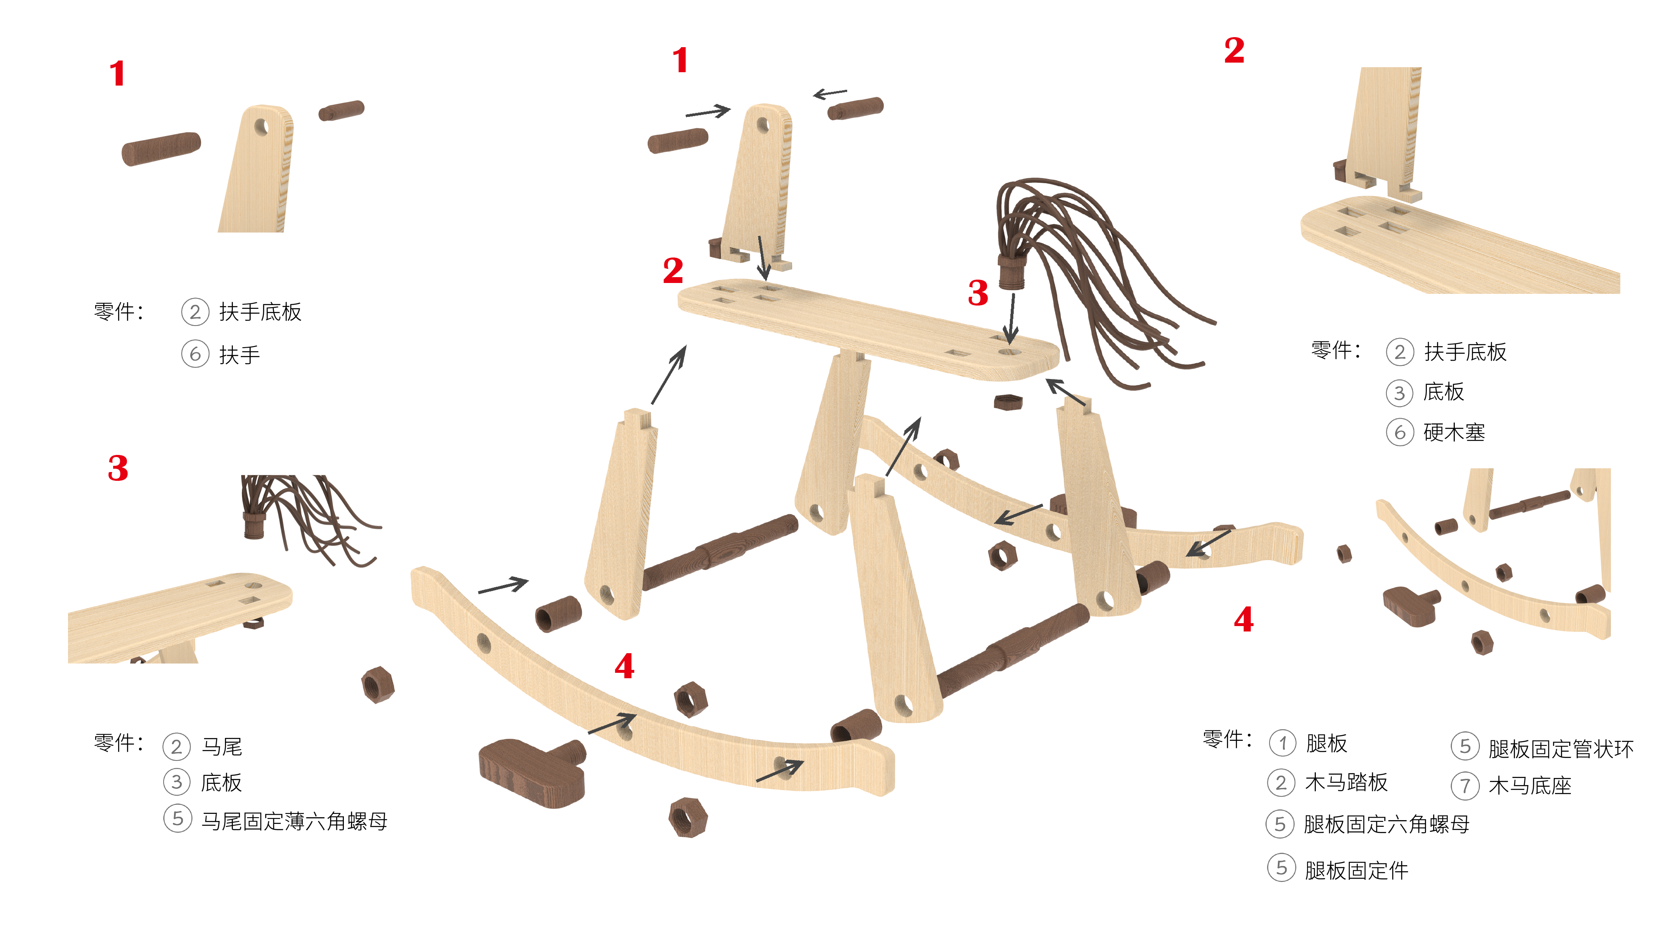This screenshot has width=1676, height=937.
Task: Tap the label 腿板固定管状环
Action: tap(1561, 749)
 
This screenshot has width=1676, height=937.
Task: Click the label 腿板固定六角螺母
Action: tap(1386, 824)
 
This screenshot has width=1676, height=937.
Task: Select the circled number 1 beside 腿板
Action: tap(1282, 743)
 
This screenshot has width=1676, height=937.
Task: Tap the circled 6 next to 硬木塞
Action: tap(1399, 433)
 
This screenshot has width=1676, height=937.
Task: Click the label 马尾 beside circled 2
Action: tap(222, 746)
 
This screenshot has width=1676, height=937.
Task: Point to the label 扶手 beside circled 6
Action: tap(240, 355)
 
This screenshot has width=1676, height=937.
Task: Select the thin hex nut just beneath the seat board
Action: tap(1008, 402)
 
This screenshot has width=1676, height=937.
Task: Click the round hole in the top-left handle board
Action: tap(261, 126)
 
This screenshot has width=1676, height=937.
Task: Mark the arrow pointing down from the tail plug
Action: tap(1010, 318)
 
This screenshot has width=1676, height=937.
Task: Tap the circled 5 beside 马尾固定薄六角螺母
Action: tap(177, 818)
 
